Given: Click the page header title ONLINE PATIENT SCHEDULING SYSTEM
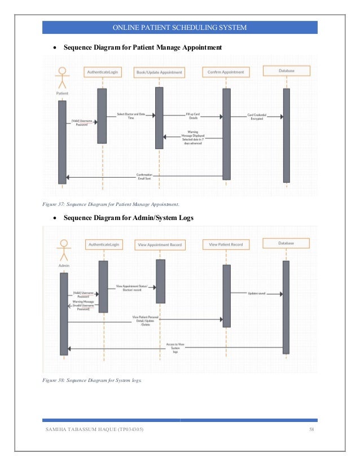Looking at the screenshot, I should (x=179, y=27).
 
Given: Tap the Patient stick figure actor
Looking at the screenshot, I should (x=62, y=77).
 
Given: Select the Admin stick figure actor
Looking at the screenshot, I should (x=63, y=250).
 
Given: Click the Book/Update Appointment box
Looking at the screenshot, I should (x=159, y=73).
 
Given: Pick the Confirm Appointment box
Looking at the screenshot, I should (x=226, y=72).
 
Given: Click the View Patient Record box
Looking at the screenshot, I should (x=226, y=245).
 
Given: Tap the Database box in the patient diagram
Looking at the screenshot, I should (x=286, y=71).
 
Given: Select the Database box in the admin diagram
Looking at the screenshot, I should (x=286, y=243).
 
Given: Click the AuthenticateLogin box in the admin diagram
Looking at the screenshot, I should (x=103, y=245).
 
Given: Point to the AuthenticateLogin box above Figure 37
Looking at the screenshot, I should (x=102, y=72).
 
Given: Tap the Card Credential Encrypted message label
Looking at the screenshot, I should (x=260, y=116).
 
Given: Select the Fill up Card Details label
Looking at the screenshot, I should (x=194, y=116).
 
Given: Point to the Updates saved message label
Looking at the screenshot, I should (x=257, y=293).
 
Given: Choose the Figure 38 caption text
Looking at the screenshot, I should (x=93, y=380).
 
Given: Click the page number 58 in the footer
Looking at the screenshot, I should (x=311, y=431).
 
